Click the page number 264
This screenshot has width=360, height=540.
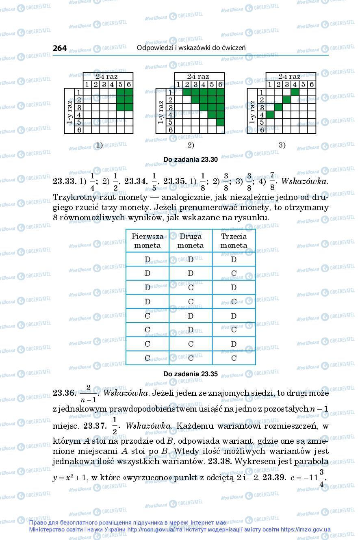60,48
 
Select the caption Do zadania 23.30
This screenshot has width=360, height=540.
191,159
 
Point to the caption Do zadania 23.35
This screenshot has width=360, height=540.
191,374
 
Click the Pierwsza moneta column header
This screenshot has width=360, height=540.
147,241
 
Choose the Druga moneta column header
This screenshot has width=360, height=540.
191,241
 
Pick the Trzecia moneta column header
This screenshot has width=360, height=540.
234,241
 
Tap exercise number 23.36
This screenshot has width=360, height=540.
65,393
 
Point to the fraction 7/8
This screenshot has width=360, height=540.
272,182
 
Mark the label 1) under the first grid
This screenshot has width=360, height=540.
99,145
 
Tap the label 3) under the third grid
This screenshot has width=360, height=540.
282,145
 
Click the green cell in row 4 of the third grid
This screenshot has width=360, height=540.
270,115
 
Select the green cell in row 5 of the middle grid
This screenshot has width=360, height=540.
220,122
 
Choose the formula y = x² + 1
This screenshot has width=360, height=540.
69,478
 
